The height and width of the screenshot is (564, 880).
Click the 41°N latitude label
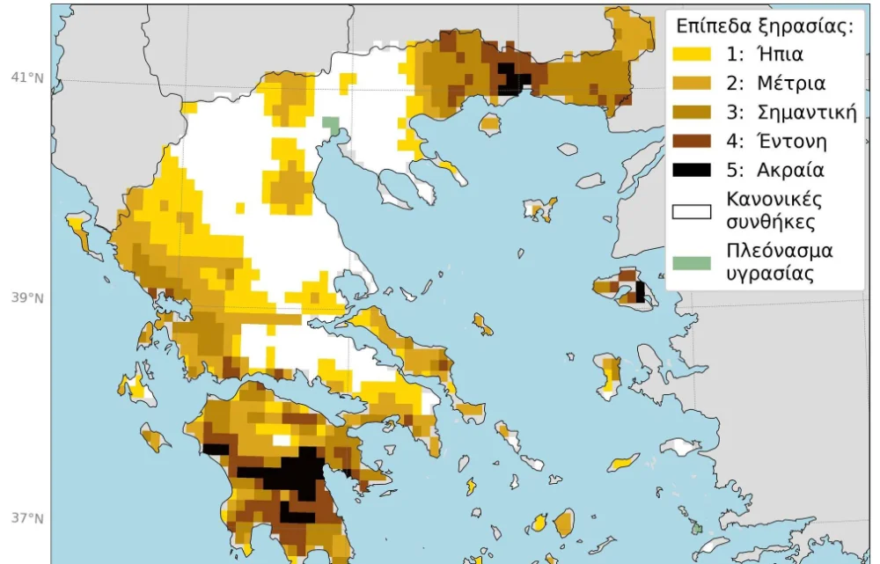coord(26,77)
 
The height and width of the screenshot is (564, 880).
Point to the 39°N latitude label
coord(26,297)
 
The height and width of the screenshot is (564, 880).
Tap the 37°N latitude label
coord(26,517)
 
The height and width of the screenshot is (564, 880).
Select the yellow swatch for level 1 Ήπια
coord(692,54)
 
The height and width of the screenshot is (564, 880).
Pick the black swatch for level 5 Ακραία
coord(692,170)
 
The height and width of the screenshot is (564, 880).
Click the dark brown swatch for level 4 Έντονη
coord(692,141)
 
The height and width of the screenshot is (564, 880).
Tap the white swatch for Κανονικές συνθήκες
coord(692,211)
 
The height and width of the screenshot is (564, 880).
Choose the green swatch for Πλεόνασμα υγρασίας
coord(692,262)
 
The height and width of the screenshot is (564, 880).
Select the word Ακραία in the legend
coord(795,170)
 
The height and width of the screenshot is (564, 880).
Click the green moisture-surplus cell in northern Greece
coord(331,124)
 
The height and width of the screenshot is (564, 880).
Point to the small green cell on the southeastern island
coord(697,528)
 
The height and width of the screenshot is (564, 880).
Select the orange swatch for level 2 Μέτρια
coord(692,84)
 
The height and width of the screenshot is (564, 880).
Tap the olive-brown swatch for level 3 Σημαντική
coord(692,112)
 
